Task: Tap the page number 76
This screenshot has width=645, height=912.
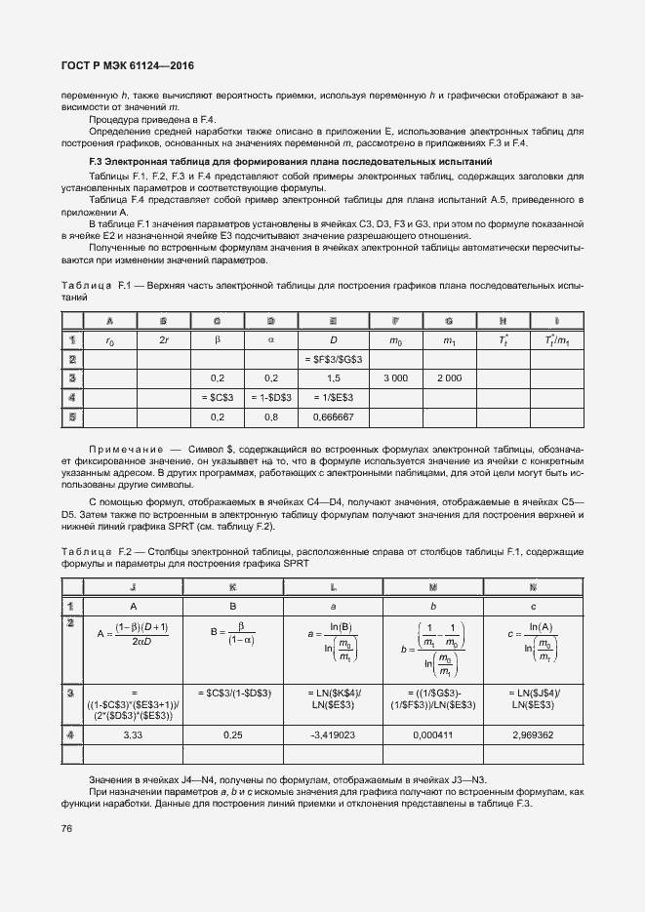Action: coord(67,828)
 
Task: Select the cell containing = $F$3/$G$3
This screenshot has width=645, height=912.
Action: coord(334,359)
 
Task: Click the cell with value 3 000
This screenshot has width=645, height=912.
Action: coord(395,377)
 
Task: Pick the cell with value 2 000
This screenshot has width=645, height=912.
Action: coord(448,377)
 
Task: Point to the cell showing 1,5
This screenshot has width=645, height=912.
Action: coord(334,377)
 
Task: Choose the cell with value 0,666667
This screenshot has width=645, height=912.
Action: coord(334,416)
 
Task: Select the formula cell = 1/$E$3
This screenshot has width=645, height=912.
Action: coord(334,397)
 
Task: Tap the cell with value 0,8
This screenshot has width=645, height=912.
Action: coord(271,416)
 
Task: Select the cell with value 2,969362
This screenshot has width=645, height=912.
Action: coord(533,734)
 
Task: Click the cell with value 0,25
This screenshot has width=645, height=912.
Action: coord(232,734)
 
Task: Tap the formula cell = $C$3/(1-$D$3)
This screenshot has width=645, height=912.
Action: coord(232,692)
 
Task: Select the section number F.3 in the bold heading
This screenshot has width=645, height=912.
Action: coord(96,160)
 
